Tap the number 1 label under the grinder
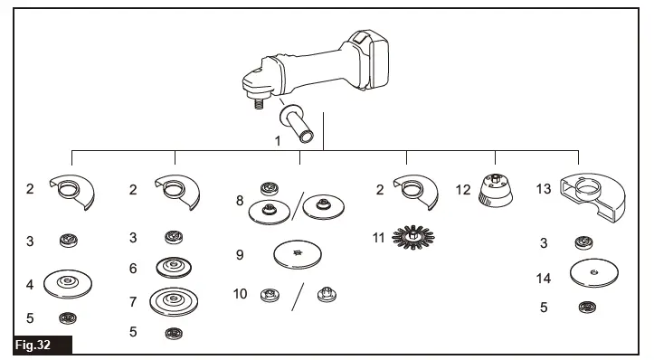coord(279,141)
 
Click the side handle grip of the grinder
coord(298,124)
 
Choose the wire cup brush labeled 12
coord(497,191)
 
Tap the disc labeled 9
coord(300,255)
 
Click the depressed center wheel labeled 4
coord(67,285)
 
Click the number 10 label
coord(240,294)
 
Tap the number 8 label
coord(240,200)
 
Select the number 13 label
coord(543,189)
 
